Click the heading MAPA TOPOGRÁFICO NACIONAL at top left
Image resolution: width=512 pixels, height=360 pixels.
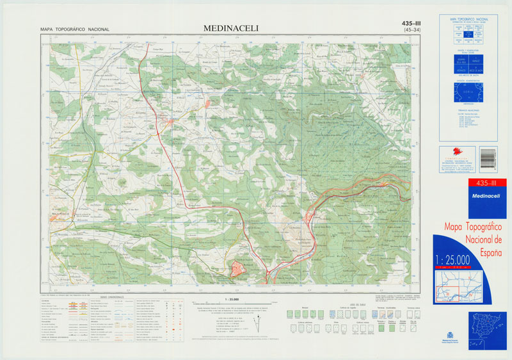pos(74,29)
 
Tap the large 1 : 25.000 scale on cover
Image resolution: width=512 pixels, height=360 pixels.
pos(452,259)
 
